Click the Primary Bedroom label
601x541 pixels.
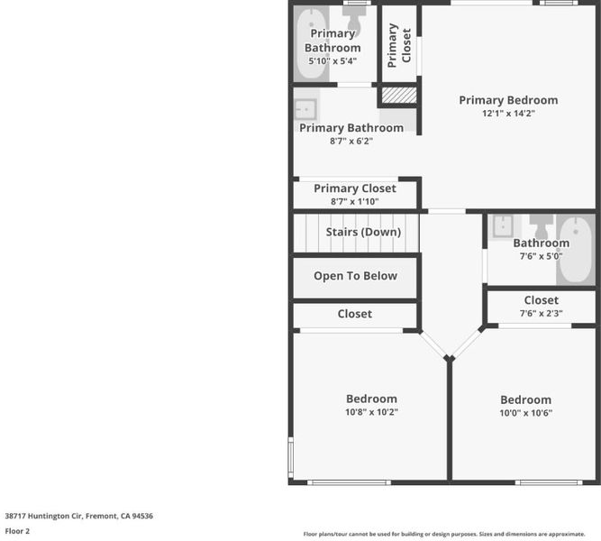coord(508,100)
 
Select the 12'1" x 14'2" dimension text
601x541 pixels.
coord(508,114)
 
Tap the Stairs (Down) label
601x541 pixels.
coord(363,232)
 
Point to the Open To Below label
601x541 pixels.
coord(355,276)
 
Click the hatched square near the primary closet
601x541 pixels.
coord(399,96)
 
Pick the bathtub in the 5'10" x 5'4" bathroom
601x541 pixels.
coord(311,43)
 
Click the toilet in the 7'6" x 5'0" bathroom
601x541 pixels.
coord(541,226)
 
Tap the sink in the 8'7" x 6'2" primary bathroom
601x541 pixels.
coord(305,109)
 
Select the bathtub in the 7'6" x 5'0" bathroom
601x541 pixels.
coord(576,250)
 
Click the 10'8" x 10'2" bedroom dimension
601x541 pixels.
coord(371,412)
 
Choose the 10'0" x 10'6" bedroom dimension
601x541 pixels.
coord(526,413)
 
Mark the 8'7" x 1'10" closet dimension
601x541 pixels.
coord(354,201)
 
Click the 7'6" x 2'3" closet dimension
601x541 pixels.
coord(542,314)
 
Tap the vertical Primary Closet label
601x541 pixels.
coord(399,45)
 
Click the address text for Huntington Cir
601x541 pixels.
coord(79,516)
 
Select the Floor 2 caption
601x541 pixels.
coord(17,531)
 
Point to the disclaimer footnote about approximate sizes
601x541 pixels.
coord(444,534)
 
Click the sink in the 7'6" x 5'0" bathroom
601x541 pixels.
coord(503,226)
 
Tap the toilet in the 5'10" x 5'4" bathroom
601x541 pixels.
coord(354,17)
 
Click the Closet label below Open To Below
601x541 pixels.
coord(354,314)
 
